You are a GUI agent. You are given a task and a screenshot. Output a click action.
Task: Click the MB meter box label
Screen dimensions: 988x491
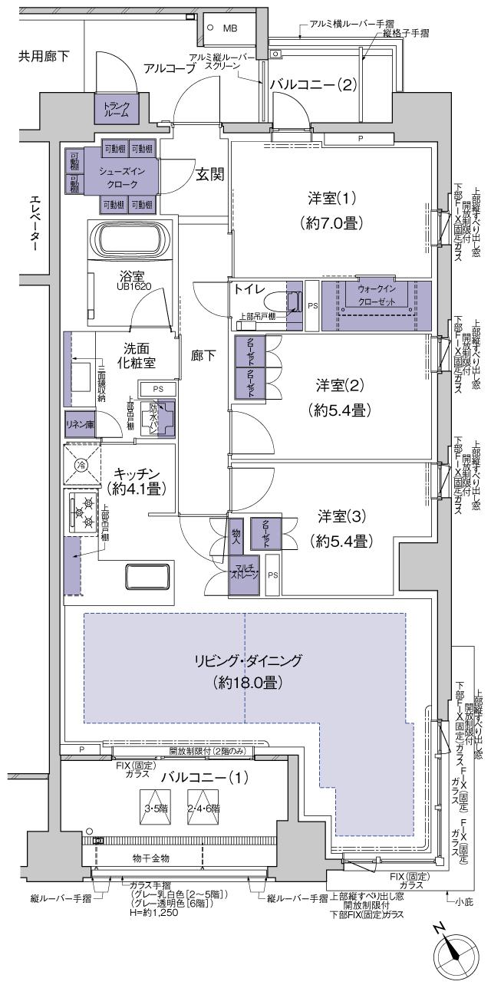(230, 28)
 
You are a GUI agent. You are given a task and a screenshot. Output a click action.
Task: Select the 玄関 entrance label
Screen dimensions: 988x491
(208, 174)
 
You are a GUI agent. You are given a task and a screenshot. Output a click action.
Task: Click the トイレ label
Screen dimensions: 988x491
(249, 291)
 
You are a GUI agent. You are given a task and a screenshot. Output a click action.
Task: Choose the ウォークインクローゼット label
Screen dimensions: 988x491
(376, 295)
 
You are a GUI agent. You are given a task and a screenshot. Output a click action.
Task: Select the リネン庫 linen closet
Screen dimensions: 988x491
(79, 424)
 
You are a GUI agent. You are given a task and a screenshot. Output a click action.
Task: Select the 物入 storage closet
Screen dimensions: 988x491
(236, 531)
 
